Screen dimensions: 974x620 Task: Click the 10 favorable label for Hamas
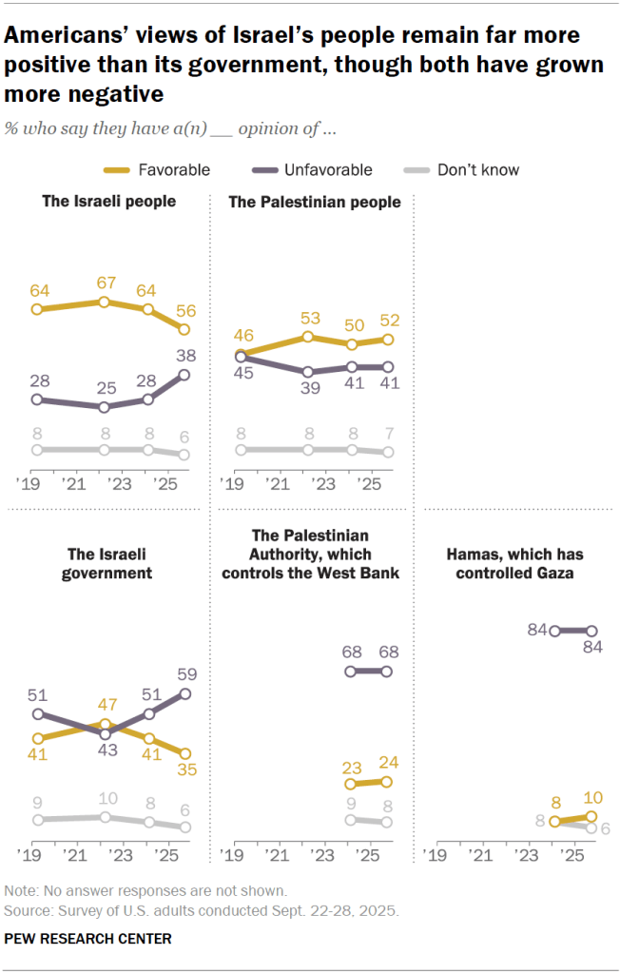pyautogui.click(x=591, y=797)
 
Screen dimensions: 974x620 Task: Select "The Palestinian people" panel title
pyautogui.click(x=315, y=202)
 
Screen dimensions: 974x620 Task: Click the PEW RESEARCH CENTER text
pyautogui.click(x=88, y=939)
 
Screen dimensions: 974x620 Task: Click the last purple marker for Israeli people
pyautogui.click(x=184, y=375)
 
